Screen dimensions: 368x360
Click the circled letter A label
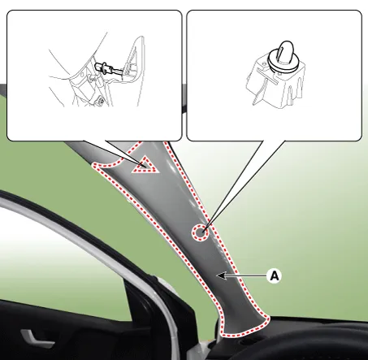(x=275, y=275)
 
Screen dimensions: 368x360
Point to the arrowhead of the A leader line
(x=220, y=275)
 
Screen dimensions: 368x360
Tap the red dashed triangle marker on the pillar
(x=145, y=165)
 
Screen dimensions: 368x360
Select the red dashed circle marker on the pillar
(x=201, y=232)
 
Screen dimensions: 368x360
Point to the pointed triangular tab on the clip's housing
(x=258, y=97)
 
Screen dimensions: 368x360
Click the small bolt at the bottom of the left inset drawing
(x=102, y=102)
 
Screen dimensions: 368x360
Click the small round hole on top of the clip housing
(x=264, y=64)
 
